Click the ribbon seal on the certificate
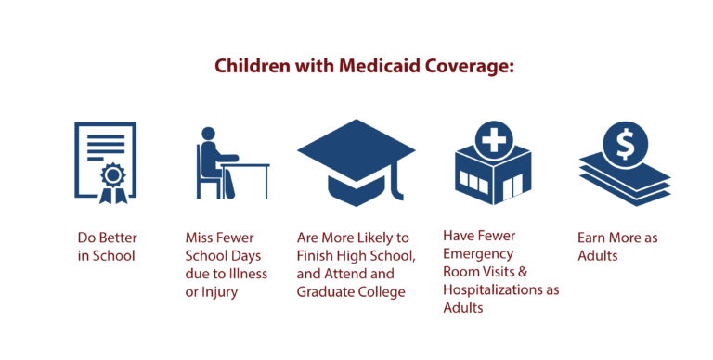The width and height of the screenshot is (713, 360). tap(112, 177)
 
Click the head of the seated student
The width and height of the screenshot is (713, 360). tap(209, 135)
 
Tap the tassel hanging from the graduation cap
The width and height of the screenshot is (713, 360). tap(398, 186)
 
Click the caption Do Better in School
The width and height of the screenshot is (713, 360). tap(106, 246)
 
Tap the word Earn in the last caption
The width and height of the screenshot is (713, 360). tap(592, 237)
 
